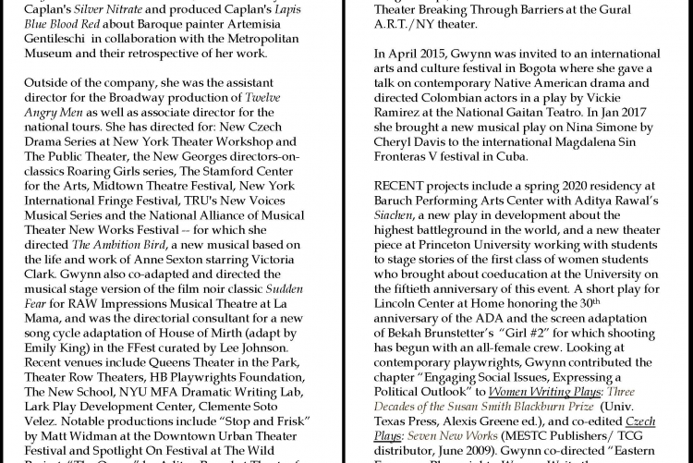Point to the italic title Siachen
click(x=393, y=216)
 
